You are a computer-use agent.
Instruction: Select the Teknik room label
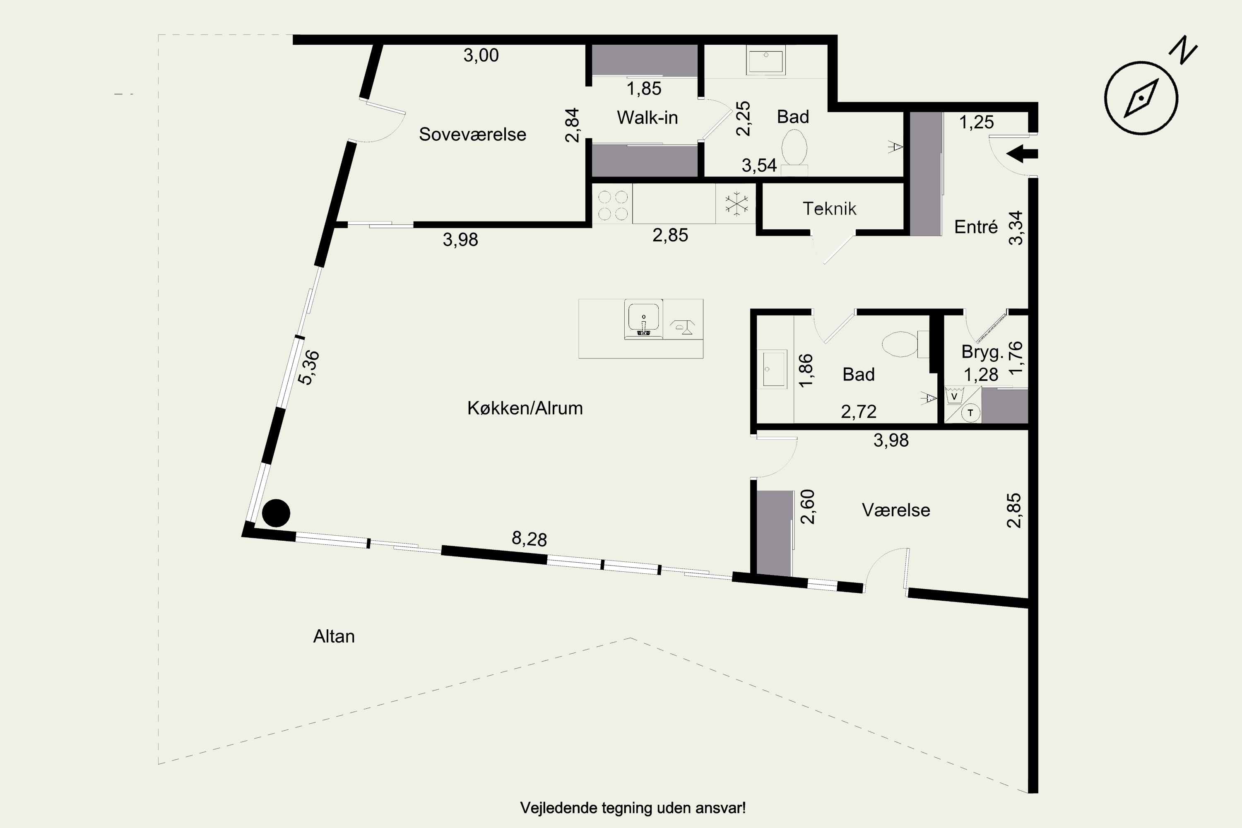829,209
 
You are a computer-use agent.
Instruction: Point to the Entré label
975,227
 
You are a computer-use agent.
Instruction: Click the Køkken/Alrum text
525,408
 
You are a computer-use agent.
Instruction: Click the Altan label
334,636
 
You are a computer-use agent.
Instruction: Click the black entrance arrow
1022,154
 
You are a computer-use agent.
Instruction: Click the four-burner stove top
613,205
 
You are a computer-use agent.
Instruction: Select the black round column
276,513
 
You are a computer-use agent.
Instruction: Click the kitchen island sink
643,320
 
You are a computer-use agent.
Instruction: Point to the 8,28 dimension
529,539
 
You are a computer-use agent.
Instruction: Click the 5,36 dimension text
309,368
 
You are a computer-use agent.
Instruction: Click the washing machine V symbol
954,395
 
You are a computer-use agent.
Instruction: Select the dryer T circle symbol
970,413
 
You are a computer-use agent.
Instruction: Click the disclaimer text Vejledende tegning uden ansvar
633,808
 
